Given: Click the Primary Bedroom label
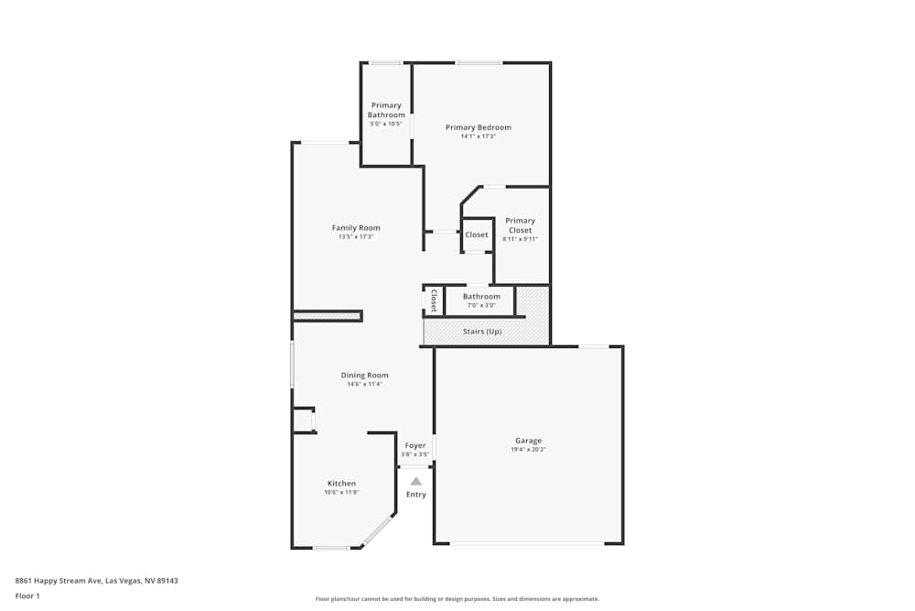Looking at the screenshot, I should coord(478,127).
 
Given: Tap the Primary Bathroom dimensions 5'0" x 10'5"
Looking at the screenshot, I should coord(386,124).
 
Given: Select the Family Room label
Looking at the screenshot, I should coord(356,228).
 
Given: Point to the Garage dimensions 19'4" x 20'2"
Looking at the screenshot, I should coord(528,450).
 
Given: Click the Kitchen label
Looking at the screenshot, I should coord(341,484).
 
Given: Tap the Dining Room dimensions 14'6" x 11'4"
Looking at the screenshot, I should coord(364,384).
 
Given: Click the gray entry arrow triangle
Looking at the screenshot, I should coord(416,480).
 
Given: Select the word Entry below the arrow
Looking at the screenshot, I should coord(416,495).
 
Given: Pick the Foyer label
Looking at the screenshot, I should coord(415,446).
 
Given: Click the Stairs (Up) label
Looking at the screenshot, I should coord(482,331).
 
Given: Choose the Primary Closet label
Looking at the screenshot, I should coord(520,225).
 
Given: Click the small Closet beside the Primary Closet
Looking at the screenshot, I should coord(477,235).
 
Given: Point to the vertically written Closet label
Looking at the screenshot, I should coord(434,301).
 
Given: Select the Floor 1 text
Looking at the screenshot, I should coord(27,595).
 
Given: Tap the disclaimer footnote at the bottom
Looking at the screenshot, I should coord(457,599).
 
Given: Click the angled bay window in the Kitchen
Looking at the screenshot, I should coord(377,530).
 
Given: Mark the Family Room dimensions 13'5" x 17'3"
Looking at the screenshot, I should coord(356,237).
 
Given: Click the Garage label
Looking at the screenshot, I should coord(528,441).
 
